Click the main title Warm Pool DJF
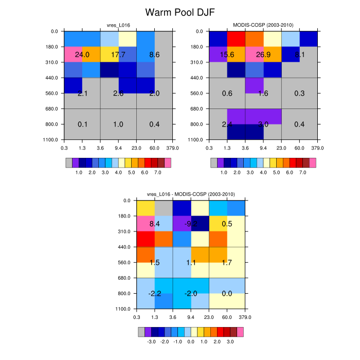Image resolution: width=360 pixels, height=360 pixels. click(179, 12)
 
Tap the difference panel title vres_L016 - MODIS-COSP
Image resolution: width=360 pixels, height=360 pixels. click(190, 194)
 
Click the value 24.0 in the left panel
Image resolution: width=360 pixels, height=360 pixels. click(82, 55)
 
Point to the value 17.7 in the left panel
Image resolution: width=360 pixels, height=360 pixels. click(118, 55)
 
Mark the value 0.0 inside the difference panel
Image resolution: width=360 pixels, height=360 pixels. click(226, 294)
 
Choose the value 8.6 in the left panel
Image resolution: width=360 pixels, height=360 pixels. click(154, 55)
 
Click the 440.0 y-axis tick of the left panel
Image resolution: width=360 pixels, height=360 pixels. click(51, 78)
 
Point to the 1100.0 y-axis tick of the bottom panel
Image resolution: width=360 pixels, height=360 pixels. click(123, 309)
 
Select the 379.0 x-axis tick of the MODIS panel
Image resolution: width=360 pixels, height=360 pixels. click(317, 148)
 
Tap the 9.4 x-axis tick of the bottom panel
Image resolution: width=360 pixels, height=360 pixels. click(190, 316)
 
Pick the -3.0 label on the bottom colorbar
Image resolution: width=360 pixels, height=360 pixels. click(151, 342)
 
